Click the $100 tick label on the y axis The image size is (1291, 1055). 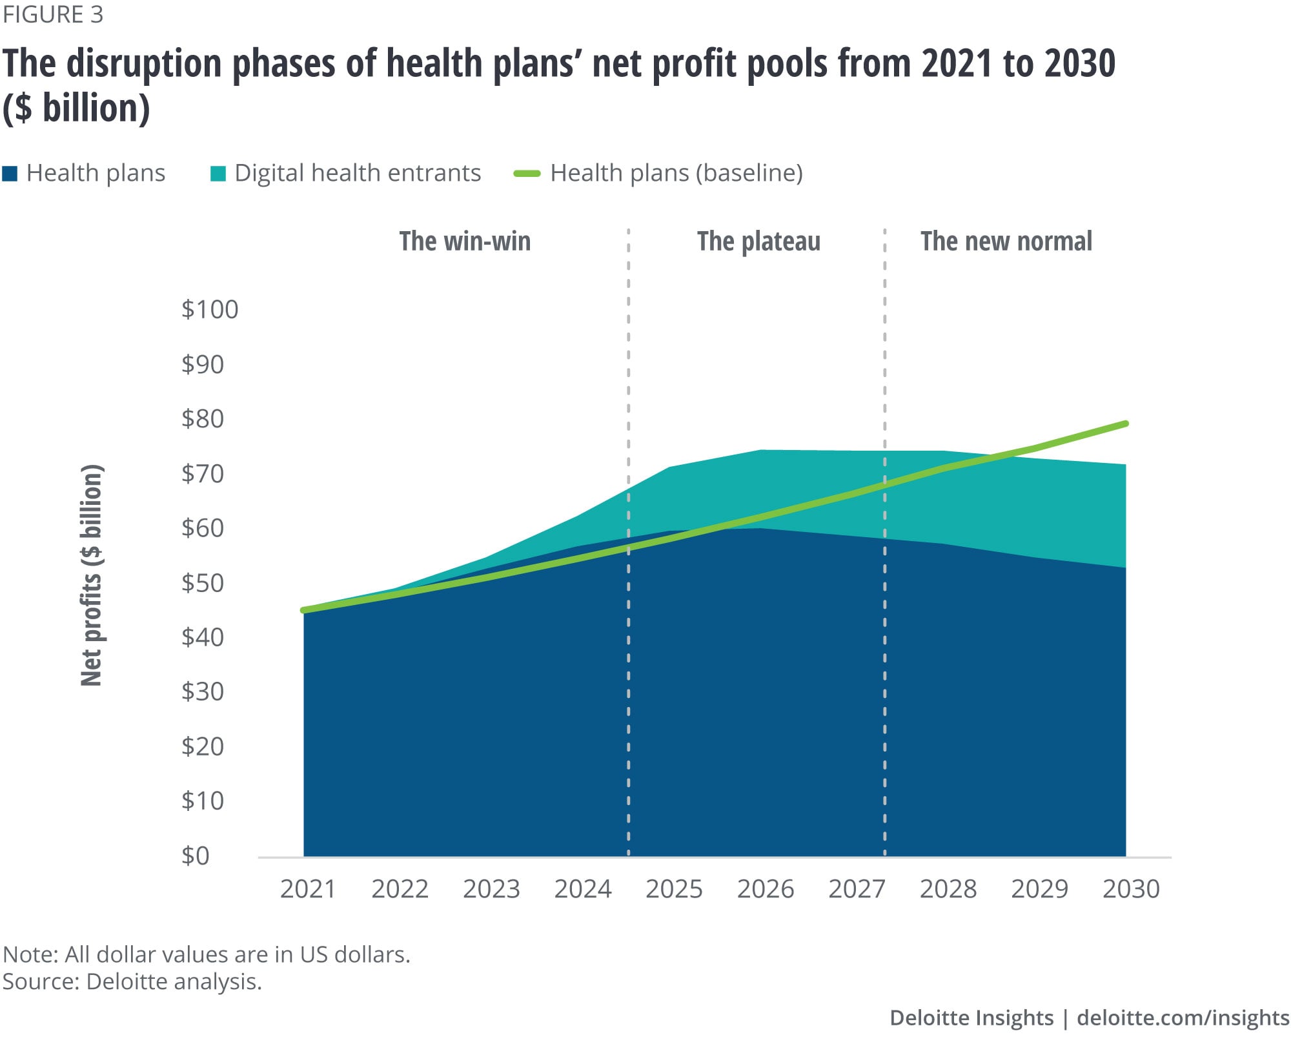click(x=210, y=309)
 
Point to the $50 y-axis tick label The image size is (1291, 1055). click(x=203, y=582)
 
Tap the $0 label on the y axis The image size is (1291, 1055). click(x=196, y=855)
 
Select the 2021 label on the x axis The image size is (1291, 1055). click(x=308, y=889)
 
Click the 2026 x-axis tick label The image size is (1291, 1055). click(x=766, y=889)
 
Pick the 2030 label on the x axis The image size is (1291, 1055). click(x=1131, y=889)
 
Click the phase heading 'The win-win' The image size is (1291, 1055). click(x=465, y=241)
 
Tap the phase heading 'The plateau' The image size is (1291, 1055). click(x=758, y=241)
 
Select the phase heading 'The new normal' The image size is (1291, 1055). click(x=1006, y=241)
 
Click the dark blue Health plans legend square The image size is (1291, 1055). click(x=10, y=174)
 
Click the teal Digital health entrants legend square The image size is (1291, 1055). click(x=218, y=174)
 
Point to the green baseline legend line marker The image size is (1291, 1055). click(x=527, y=174)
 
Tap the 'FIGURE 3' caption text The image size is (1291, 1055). click(x=53, y=15)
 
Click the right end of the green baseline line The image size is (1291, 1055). click(x=1126, y=424)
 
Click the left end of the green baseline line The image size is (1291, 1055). click(x=303, y=610)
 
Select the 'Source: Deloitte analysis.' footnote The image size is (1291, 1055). click(x=132, y=981)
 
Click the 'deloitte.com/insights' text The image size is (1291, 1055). click(x=1183, y=1018)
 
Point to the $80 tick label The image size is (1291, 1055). click(x=203, y=418)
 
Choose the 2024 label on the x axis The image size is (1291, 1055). click(x=582, y=889)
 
